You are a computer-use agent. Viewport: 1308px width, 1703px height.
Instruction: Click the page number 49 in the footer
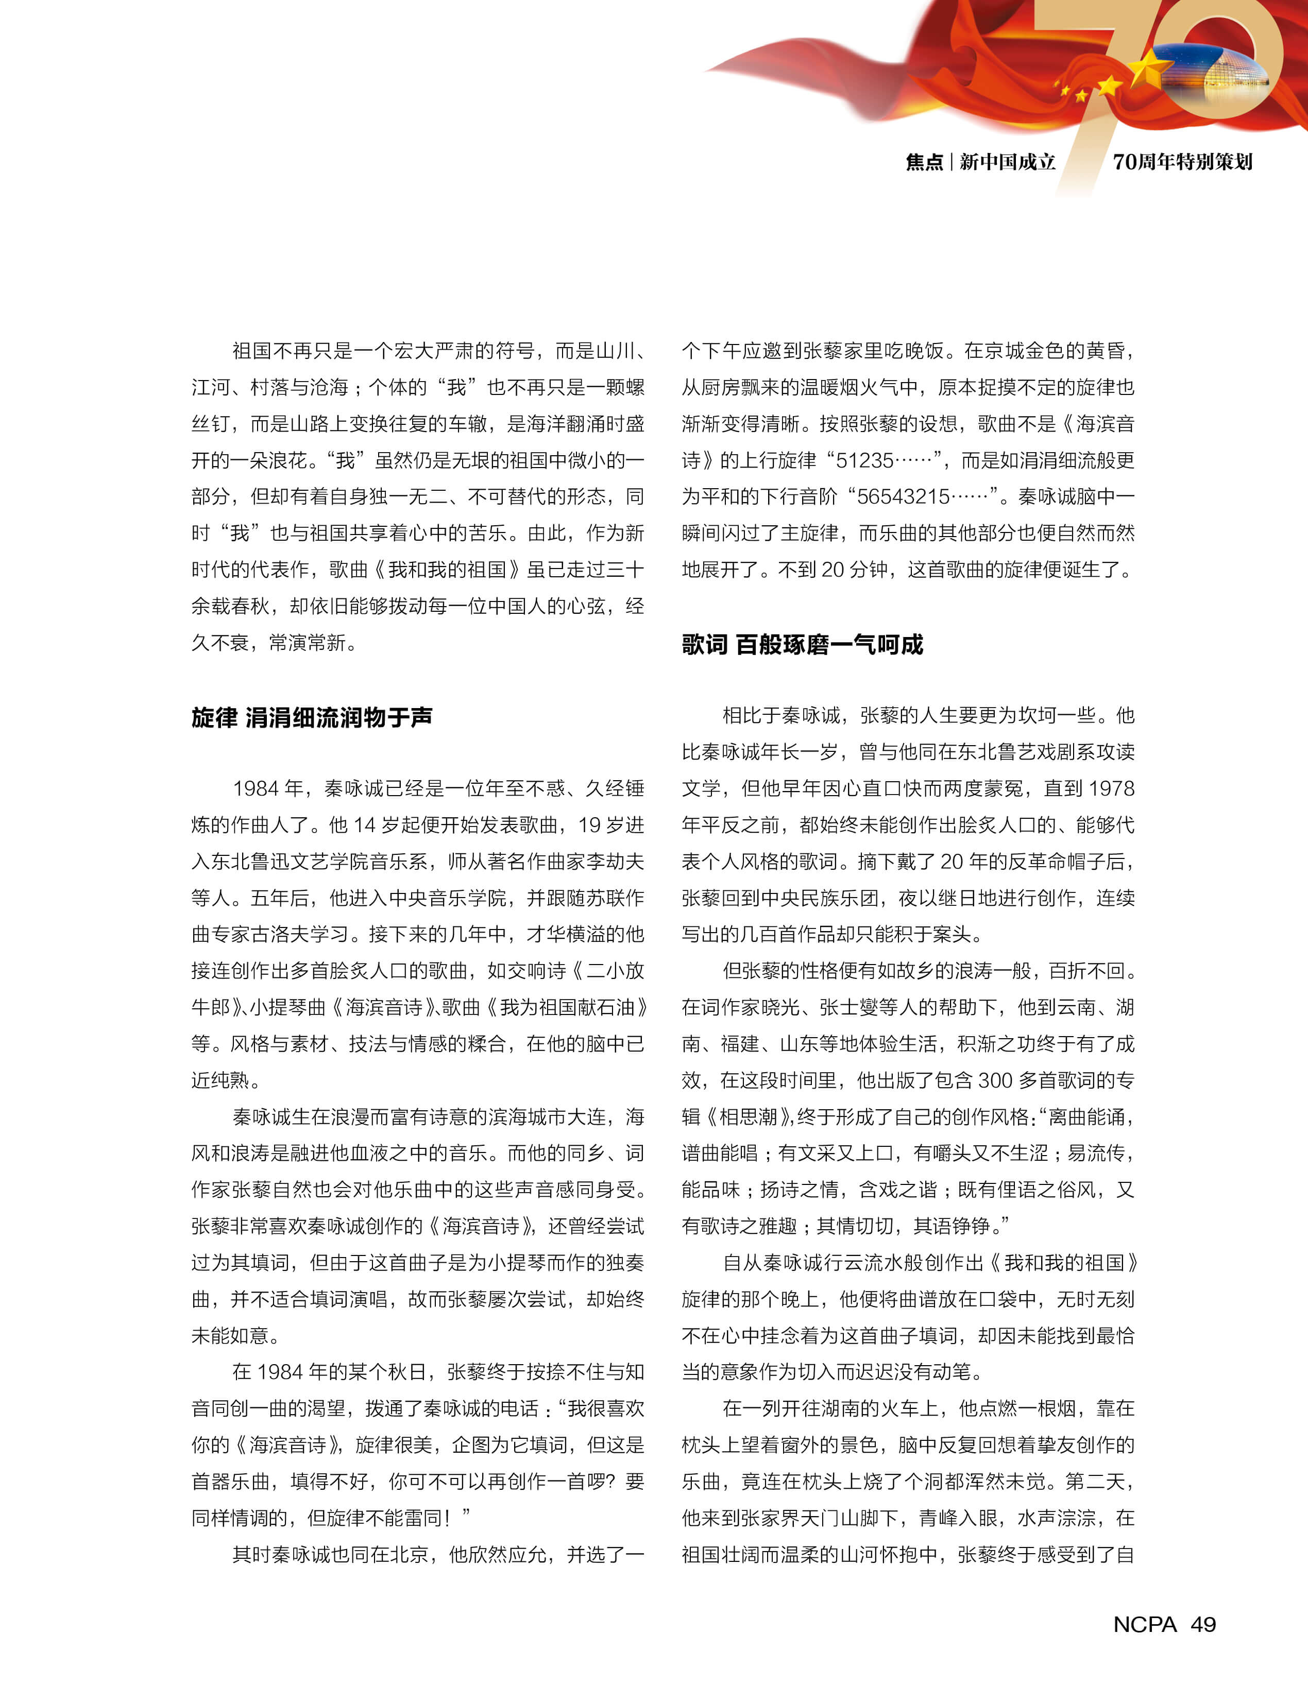(1203, 1624)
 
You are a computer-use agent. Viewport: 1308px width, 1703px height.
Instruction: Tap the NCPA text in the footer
(1145, 1624)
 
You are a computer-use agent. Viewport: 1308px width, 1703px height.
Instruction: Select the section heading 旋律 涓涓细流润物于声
(312, 717)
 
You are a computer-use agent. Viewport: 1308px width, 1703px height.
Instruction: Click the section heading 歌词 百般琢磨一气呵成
(802, 644)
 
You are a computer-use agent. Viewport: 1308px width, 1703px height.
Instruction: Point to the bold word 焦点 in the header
(924, 162)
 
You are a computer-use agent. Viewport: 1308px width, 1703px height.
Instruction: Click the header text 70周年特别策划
(1182, 162)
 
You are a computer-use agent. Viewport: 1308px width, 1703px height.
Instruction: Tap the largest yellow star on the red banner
(1152, 70)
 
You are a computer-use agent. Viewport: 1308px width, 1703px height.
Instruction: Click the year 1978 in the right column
(1112, 788)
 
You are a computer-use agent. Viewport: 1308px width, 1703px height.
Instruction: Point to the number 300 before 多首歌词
(995, 1080)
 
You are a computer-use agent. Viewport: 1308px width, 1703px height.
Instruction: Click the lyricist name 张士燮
(848, 1007)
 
